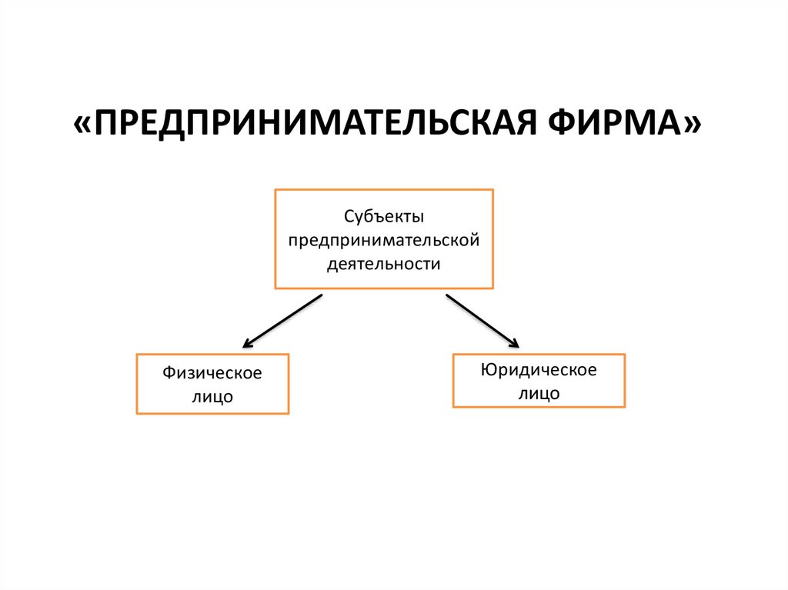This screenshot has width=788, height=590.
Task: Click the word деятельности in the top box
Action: [384, 264]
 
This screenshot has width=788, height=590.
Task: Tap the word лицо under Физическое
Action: [212, 398]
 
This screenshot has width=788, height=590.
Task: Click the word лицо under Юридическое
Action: [539, 393]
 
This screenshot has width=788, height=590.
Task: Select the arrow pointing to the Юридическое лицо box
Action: [482, 321]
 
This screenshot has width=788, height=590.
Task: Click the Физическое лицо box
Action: [212, 385]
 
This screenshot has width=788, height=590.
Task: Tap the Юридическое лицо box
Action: [539, 381]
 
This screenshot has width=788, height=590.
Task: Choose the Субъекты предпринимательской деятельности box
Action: [384, 238]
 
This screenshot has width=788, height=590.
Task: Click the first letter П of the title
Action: [109, 123]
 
